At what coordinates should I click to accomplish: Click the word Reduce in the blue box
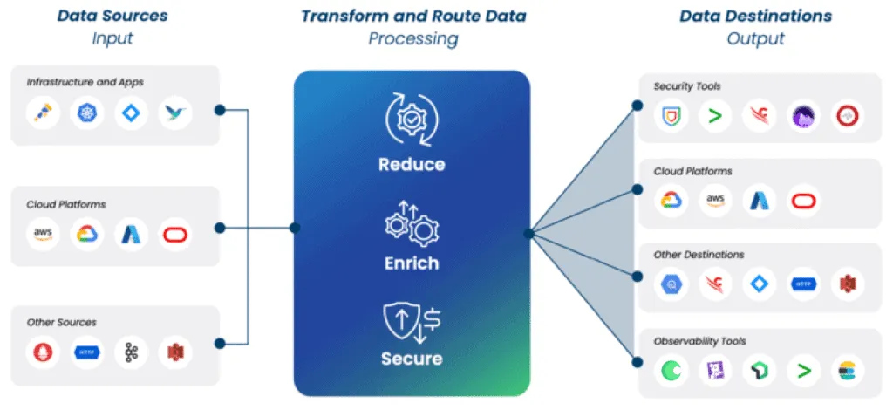click(x=412, y=165)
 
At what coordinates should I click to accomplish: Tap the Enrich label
click(x=412, y=263)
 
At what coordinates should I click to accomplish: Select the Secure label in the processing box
click(x=412, y=359)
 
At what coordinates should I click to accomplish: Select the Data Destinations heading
click(x=755, y=16)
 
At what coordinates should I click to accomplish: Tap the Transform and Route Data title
click(x=412, y=16)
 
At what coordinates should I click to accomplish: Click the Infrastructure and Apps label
click(x=85, y=82)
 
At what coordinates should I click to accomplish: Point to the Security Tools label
click(x=687, y=86)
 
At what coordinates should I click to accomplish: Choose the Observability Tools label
click(x=699, y=341)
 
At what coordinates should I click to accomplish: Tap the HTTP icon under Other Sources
click(x=87, y=352)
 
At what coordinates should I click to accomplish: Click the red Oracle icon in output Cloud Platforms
click(x=802, y=201)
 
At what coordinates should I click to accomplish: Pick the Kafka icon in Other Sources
click(x=132, y=352)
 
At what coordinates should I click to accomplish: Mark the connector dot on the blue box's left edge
click(x=295, y=228)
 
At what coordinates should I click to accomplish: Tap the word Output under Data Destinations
click(x=755, y=39)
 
